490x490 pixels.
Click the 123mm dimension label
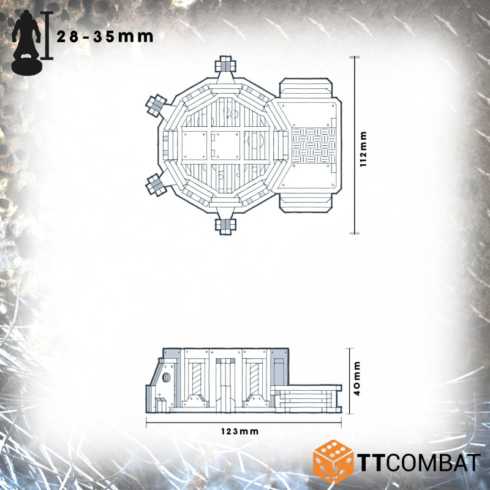tap(240, 431)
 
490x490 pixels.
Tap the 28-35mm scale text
tap(105, 36)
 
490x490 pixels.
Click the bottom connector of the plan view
tap(225, 224)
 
